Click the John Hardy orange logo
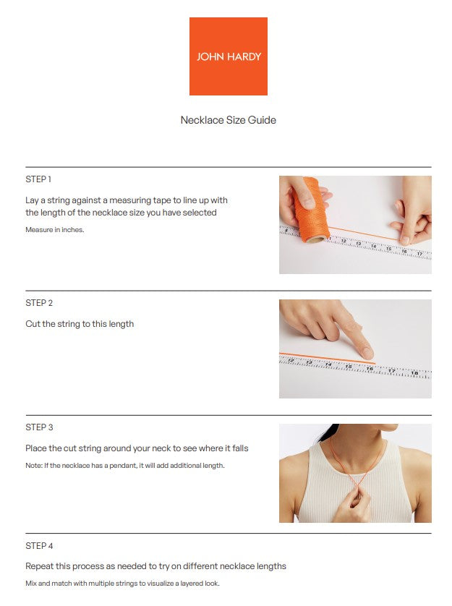click(x=228, y=56)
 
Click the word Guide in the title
click(x=262, y=120)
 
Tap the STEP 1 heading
click(x=38, y=179)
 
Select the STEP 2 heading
click(x=39, y=303)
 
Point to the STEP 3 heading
click(x=39, y=427)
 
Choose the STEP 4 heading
click(x=39, y=546)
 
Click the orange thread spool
click(x=311, y=210)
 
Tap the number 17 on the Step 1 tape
click(x=419, y=254)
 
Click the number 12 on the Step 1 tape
click(x=344, y=241)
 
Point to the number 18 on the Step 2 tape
click(x=414, y=373)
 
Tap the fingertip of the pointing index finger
click(x=367, y=354)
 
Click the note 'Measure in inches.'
click(x=55, y=229)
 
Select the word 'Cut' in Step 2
click(x=33, y=324)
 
